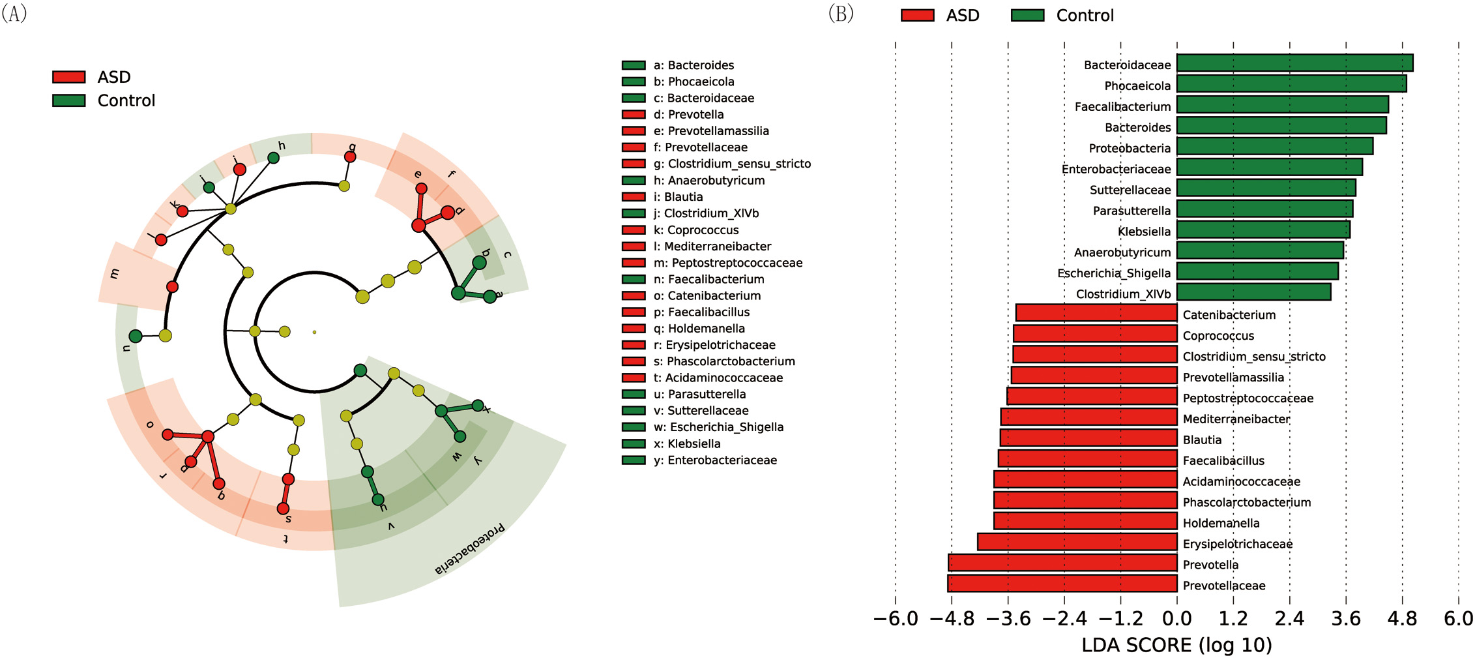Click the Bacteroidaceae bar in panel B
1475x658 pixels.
coord(1294,63)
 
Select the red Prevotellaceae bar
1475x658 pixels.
coord(1062,584)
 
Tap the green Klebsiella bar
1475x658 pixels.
coord(1263,230)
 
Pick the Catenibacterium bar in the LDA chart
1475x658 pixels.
coord(1096,314)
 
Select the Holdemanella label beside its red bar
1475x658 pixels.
coord(1221,523)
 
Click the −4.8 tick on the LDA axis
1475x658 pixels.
coord(952,618)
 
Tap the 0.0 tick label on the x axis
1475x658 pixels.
coord(1176,618)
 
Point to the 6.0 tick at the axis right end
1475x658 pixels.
coord(1458,618)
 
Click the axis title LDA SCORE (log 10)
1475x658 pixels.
coord(1176,645)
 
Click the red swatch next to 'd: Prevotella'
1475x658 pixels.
coord(634,115)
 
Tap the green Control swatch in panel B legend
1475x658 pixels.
coord(1027,16)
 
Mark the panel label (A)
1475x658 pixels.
coord(14,13)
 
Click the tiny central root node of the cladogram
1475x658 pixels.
coord(314,332)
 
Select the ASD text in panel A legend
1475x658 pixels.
coord(114,77)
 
